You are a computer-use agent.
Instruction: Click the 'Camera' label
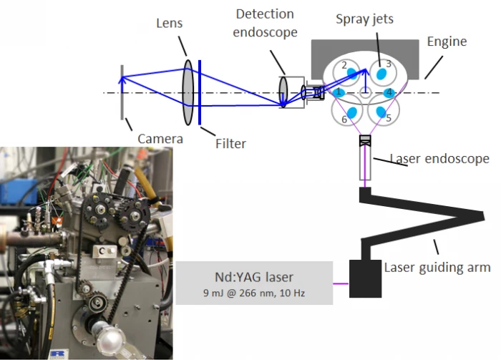(160, 139)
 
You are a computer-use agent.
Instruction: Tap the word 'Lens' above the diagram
(170, 23)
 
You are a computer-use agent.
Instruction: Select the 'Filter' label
(230, 143)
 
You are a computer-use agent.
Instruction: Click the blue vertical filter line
(200, 92)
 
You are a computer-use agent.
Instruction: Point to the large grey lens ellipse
(188, 92)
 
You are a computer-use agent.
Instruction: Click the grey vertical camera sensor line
(122, 92)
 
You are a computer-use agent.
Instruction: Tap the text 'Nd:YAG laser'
(254, 277)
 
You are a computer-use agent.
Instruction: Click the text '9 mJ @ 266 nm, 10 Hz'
(254, 293)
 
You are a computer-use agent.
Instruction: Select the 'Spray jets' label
(364, 19)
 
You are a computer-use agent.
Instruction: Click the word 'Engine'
(447, 42)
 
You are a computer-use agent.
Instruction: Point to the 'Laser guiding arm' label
(437, 268)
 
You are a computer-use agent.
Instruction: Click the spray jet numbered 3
(381, 74)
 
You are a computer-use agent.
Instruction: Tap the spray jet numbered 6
(352, 112)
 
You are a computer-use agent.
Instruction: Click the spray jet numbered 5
(381, 112)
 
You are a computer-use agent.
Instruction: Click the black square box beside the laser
(365, 278)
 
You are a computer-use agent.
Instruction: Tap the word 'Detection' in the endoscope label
(265, 14)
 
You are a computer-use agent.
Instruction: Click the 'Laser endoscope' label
(439, 158)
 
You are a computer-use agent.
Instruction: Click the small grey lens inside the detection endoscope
(283, 92)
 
